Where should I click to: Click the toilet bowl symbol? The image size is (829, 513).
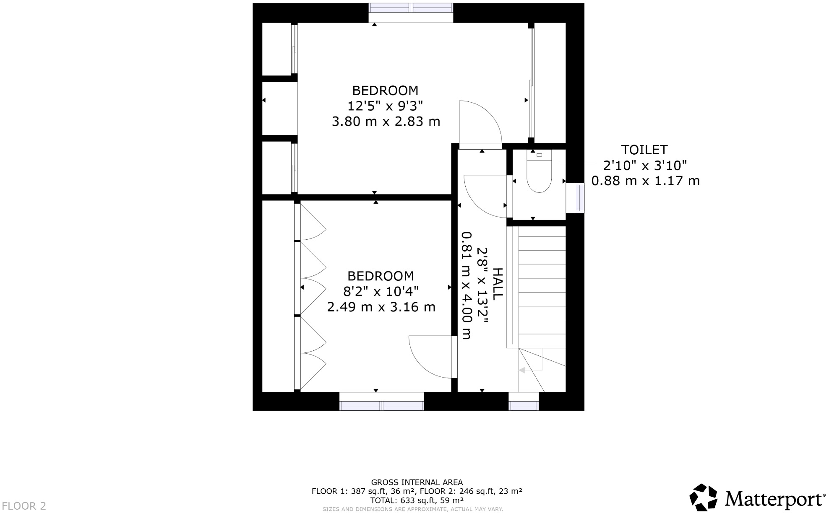pos(539,176)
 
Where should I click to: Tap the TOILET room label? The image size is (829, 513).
pos(644,150)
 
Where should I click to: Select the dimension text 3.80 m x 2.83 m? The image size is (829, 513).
pos(386,122)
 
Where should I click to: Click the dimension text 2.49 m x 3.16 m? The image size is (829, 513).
pos(381,307)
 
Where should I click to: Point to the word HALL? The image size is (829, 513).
pos(498,284)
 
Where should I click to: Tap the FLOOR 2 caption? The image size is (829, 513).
pos(24,506)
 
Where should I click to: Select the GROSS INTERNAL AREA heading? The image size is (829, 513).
pos(417,482)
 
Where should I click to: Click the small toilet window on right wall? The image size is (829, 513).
pos(579,198)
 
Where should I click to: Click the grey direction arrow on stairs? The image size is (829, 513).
pos(522,370)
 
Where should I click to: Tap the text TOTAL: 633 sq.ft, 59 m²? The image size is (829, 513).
pos(417,500)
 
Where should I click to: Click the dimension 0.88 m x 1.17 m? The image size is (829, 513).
pos(645,181)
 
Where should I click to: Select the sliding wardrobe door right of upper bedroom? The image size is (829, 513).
pos(531,83)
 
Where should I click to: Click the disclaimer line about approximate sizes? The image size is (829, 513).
pos(412,509)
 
